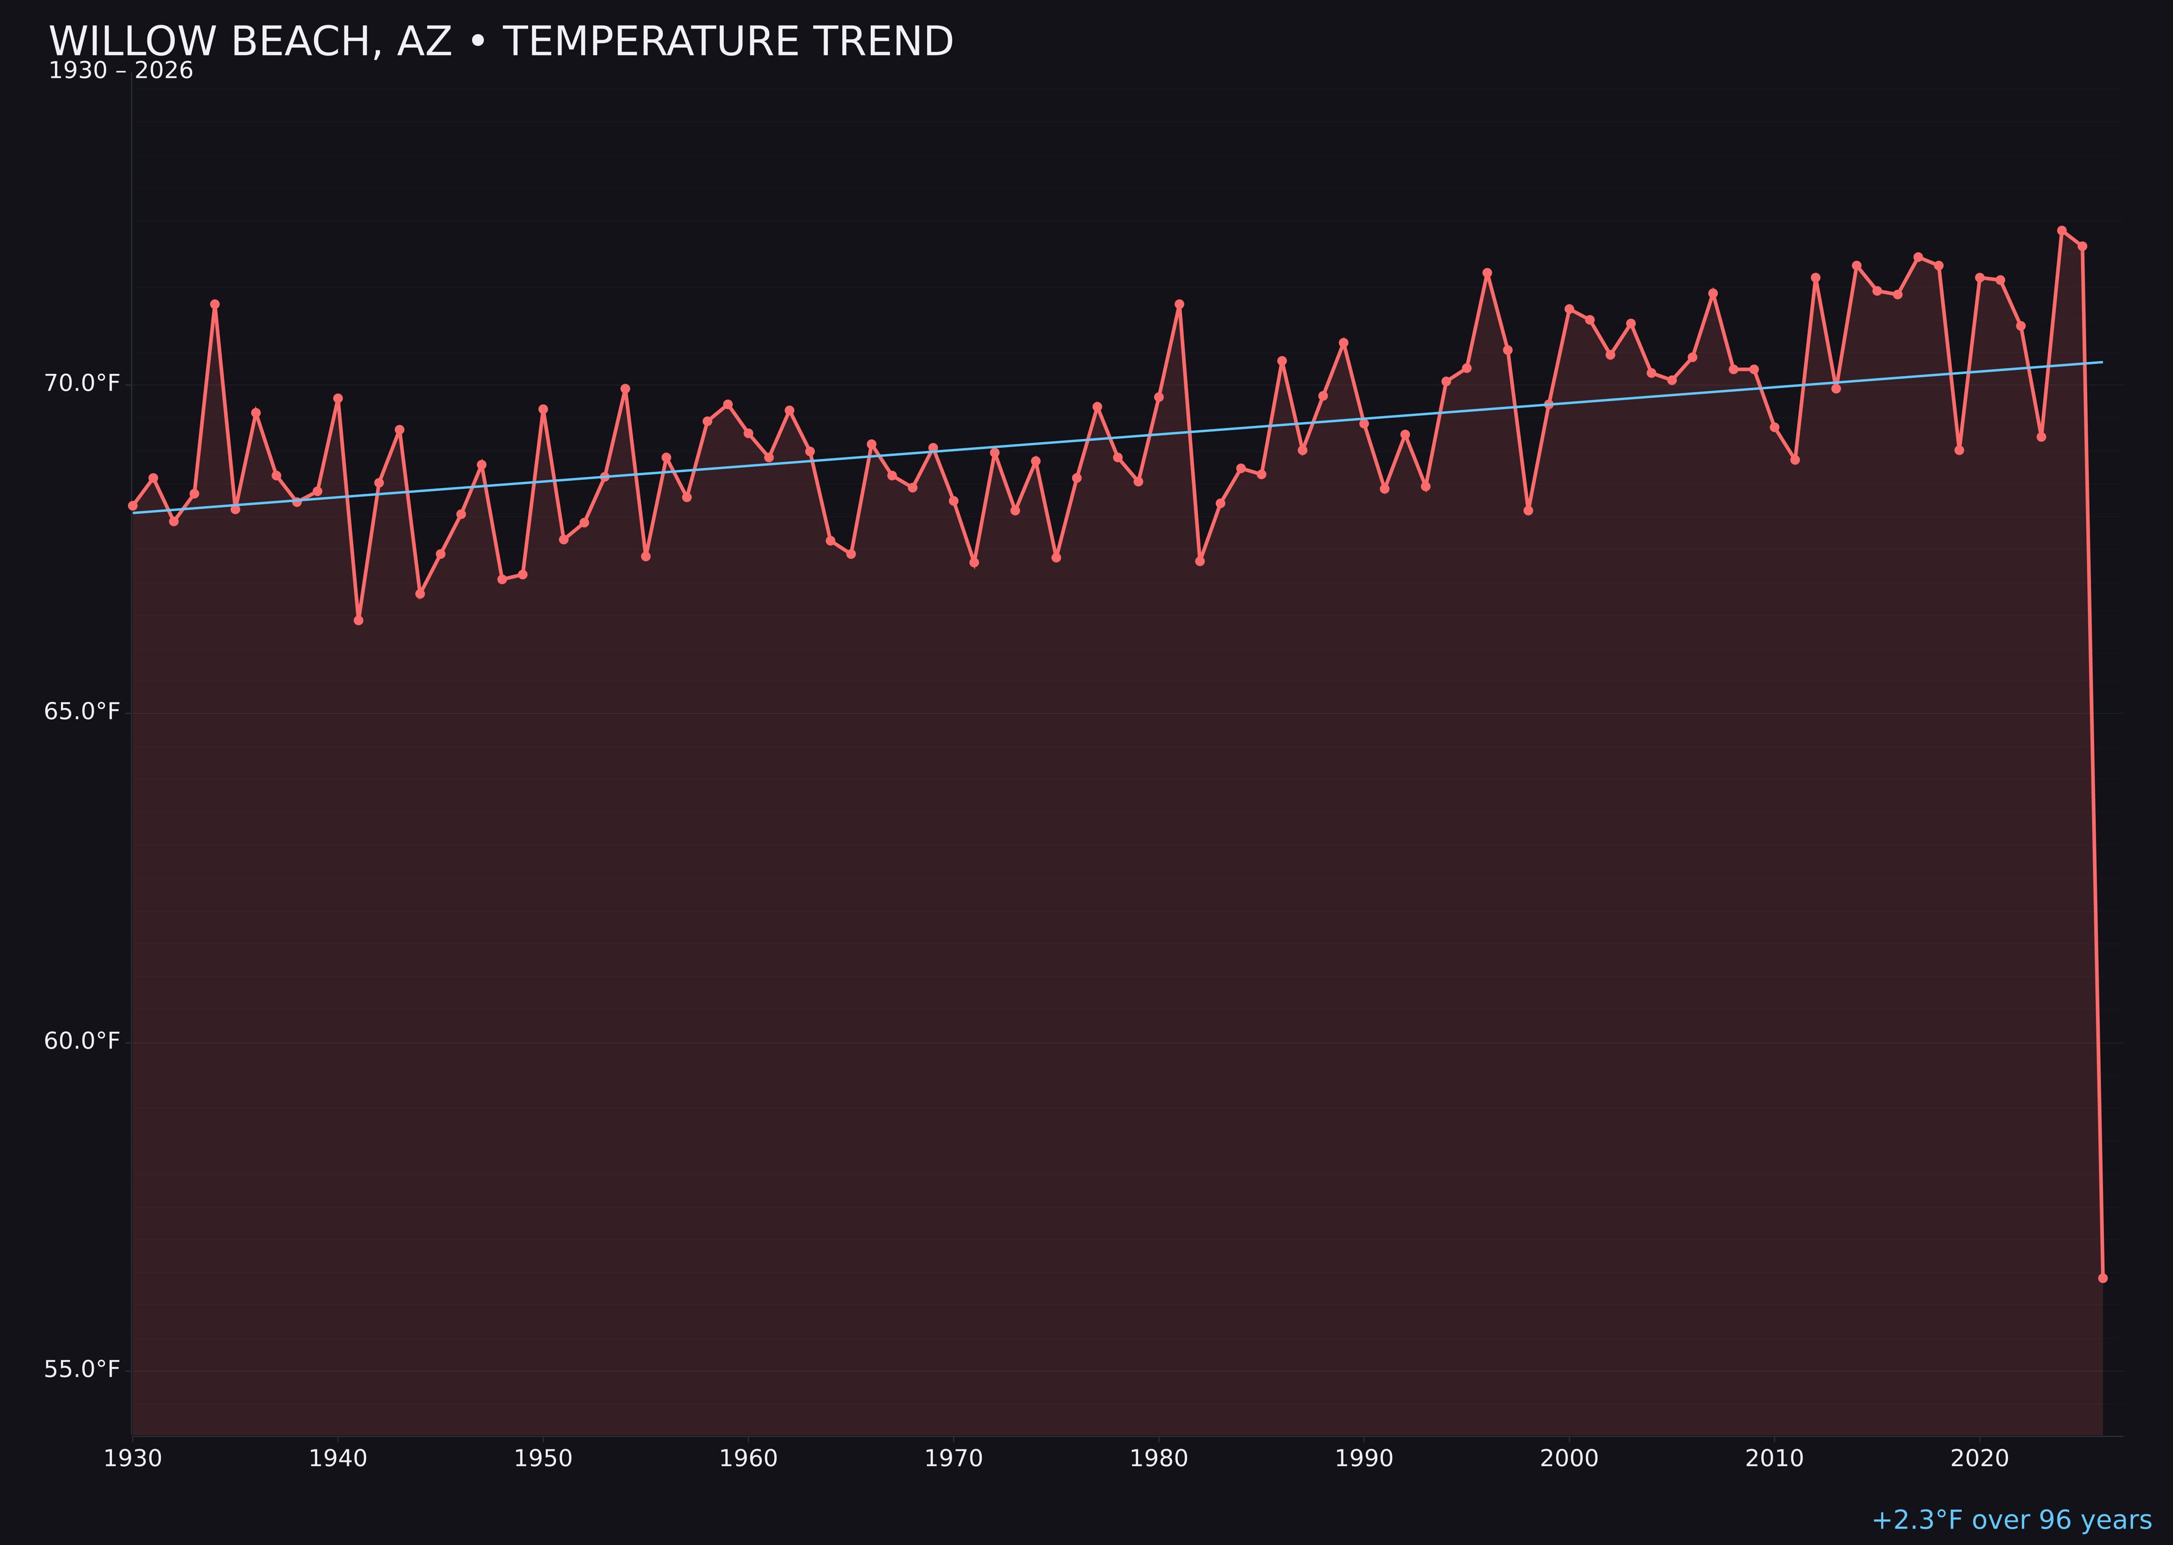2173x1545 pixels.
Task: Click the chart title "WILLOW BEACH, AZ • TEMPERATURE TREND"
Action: pos(500,42)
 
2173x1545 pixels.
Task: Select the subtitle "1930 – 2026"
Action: pos(121,71)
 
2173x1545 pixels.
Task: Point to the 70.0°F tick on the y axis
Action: pos(82,384)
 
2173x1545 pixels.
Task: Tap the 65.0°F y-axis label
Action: pos(82,712)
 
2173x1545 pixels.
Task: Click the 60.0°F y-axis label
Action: pos(82,1041)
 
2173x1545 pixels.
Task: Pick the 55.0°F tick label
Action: pos(82,1369)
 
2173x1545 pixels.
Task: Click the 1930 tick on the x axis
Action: pos(133,1459)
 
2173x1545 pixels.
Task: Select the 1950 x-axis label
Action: pos(543,1459)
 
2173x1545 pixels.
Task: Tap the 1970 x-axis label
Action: pos(953,1459)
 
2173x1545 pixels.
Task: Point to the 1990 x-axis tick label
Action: pos(1364,1459)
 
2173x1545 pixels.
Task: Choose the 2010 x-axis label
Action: pos(1774,1459)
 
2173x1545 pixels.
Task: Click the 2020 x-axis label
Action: pos(1979,1459)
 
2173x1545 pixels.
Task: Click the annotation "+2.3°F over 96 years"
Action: pos(2011,1520)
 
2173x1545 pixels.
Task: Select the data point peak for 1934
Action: pos(215,304)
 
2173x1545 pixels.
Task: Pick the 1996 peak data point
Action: pos(1487,273)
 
